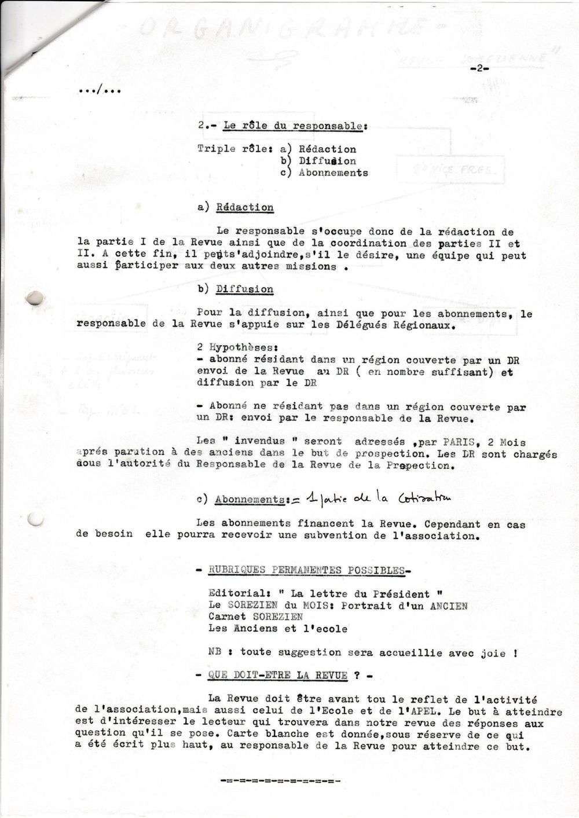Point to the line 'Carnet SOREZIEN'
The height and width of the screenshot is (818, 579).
pos(255,617)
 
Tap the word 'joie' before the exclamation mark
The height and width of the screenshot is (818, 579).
pos(493,652)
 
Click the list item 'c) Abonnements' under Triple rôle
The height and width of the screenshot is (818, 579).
pos(324,173)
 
